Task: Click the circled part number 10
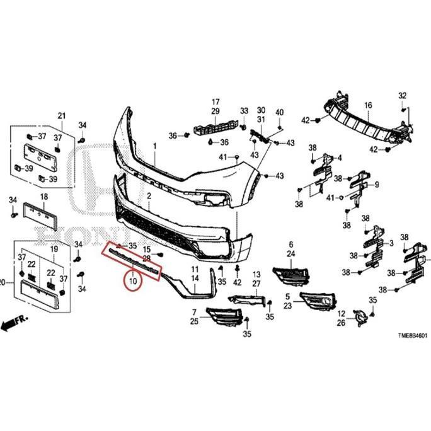click(133, 280)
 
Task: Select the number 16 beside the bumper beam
click(368, 105)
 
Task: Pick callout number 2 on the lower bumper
click(149, 197)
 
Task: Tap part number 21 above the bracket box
click(62, 115)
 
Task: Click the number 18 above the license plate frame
click(43, 197)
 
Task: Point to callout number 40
click(280, 112)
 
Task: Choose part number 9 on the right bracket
click(377, 185)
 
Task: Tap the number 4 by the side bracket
click(340, 158)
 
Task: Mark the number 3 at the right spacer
click(391, 242)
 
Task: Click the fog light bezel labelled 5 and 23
click(319, 301)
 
